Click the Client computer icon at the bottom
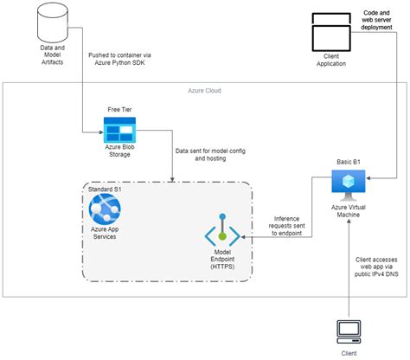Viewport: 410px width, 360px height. click(x=348, y=331)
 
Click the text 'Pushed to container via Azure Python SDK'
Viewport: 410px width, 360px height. click(x=131, y=61)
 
